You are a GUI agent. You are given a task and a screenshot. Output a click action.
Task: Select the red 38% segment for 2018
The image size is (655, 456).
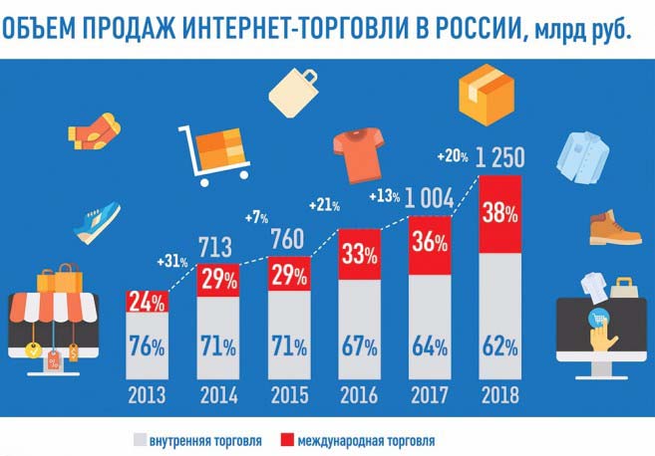click(x=499, y=214)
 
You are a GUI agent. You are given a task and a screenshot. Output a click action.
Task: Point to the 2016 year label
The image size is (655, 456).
click(x=359, y=393)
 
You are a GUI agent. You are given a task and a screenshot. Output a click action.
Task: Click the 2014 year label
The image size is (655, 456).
click(x=217, y=393)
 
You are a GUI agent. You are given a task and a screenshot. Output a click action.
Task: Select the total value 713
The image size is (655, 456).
click(x=217, y=246)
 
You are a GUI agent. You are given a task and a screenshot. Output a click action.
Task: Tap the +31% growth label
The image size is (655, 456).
click(x=172, y=262)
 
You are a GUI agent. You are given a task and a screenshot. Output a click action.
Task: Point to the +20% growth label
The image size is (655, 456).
click(x=453, y=157)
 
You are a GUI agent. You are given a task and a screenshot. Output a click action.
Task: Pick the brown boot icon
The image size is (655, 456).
click(x=612, y=227)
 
